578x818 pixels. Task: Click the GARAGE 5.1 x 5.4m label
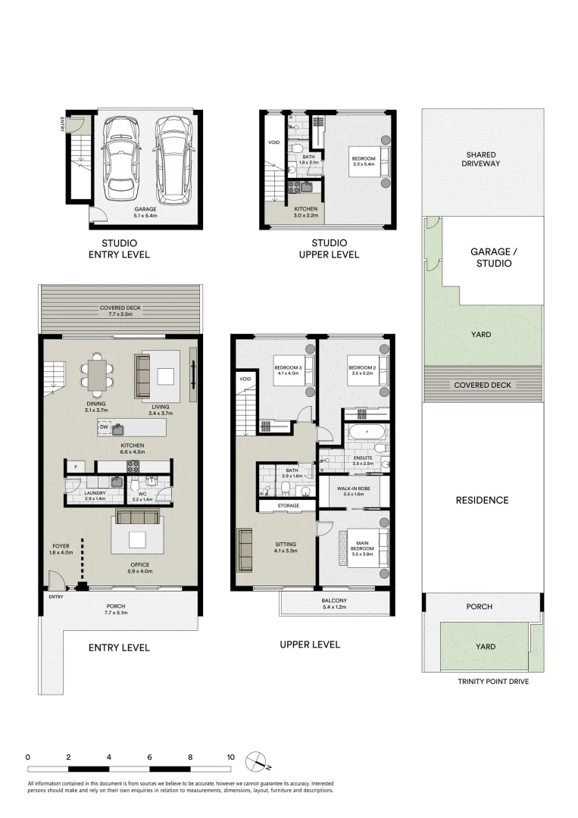click(x=145, y=212)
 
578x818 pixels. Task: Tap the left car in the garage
click(x=120, y=155)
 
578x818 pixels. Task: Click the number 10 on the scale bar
click(x=230, y=757)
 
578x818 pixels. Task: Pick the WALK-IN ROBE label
click(x=353, y=490)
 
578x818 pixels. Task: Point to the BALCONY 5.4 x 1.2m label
click(x=336, y=603)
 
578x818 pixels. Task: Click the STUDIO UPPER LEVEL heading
click(x=329, y=249)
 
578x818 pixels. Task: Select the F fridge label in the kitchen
click(x=76, y=466)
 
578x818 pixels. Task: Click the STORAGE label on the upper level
click(x=287, y=505)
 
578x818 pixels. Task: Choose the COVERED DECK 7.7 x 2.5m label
click(x=120, y=311)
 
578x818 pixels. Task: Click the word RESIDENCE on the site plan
click(x=483, y=500)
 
